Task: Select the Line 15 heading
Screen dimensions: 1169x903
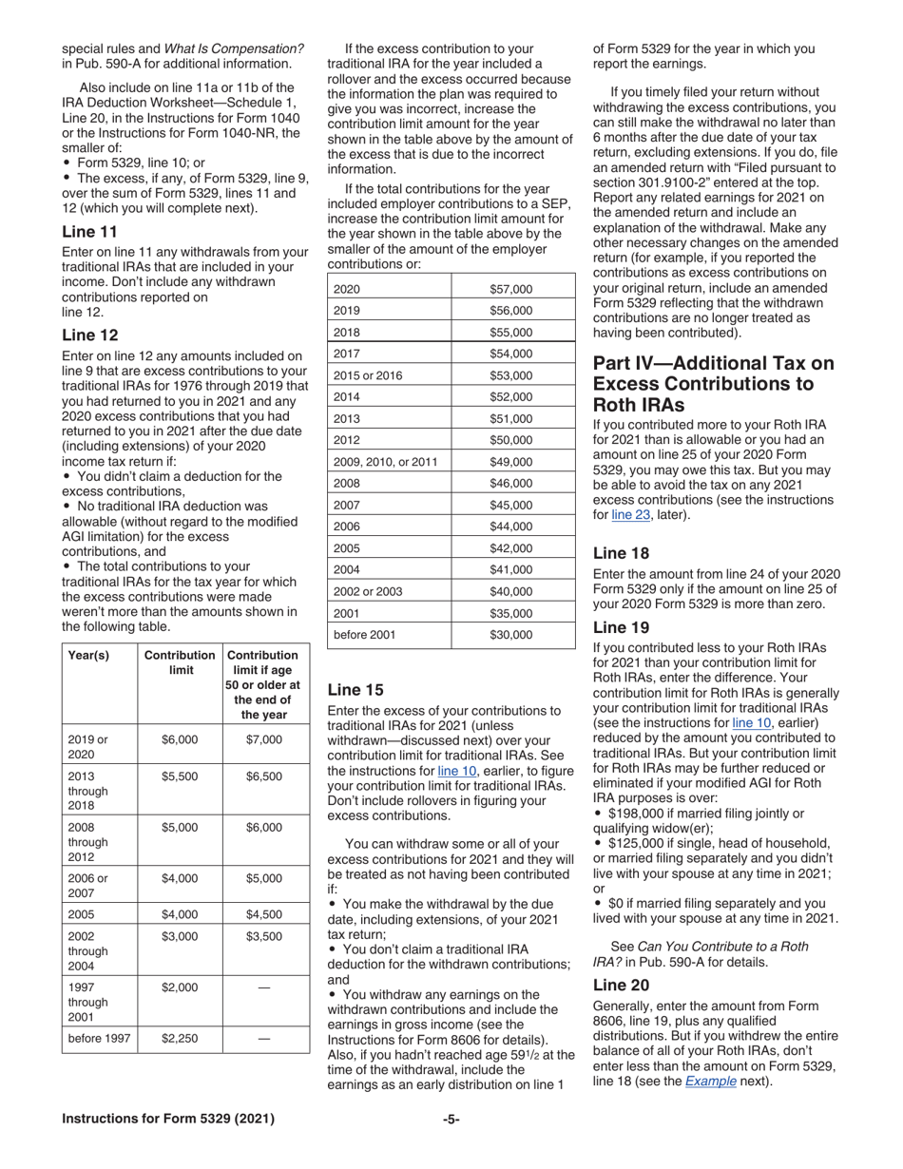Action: point(354,690)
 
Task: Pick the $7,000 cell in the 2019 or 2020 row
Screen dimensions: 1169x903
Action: point(263,739)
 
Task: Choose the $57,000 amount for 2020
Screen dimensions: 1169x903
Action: point(511,289)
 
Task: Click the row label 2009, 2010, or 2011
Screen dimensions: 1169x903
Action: point(385,462)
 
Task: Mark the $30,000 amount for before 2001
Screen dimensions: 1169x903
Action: point(511,634)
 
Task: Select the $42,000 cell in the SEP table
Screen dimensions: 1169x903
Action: point(511,547)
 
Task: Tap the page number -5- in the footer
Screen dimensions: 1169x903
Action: point(451,1119)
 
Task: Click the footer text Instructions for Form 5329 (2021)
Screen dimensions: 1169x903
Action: point(168,1119)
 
